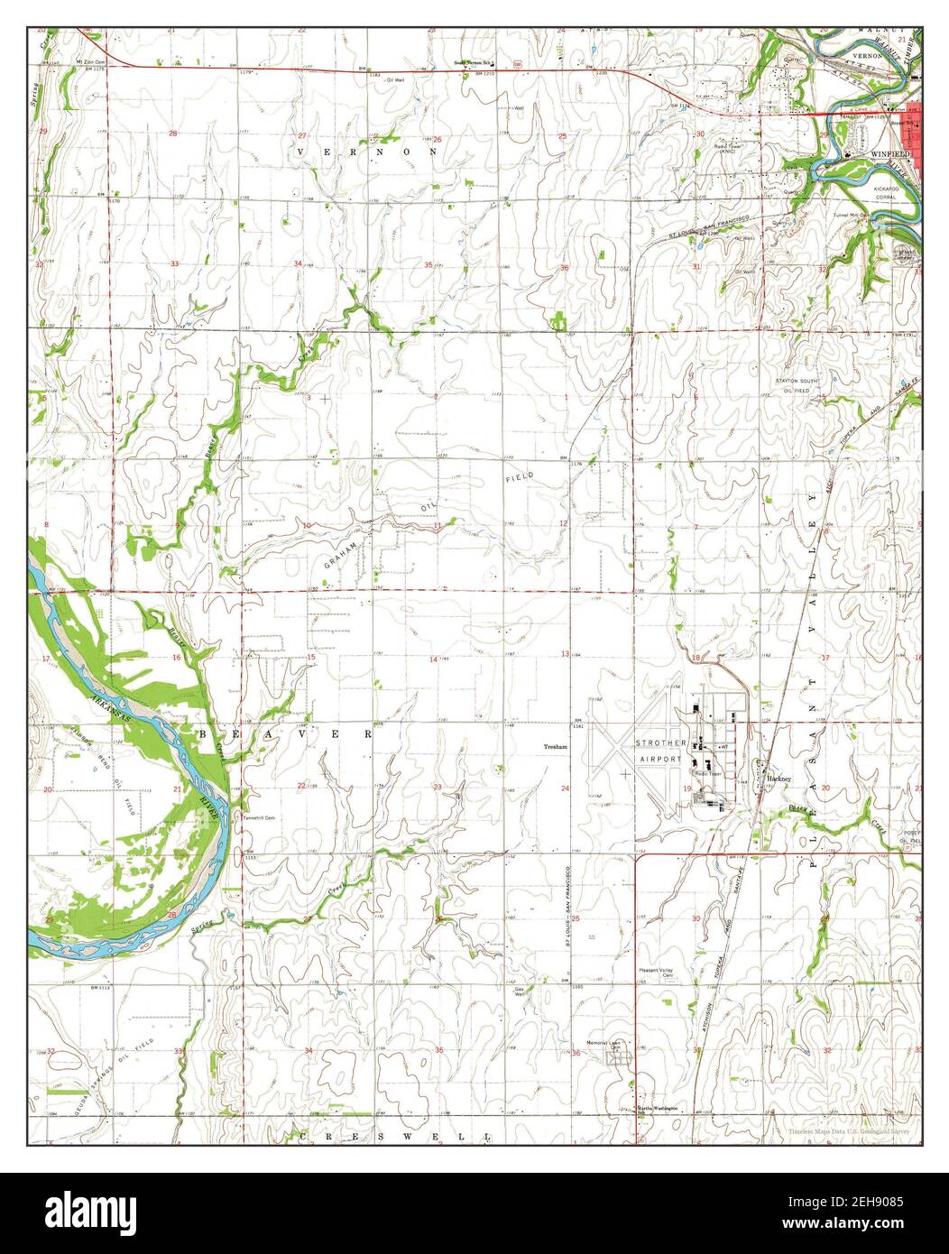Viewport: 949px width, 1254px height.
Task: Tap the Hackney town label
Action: click(x=779, y=777)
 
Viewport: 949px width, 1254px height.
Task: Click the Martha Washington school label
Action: click(x=658, y=1107)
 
